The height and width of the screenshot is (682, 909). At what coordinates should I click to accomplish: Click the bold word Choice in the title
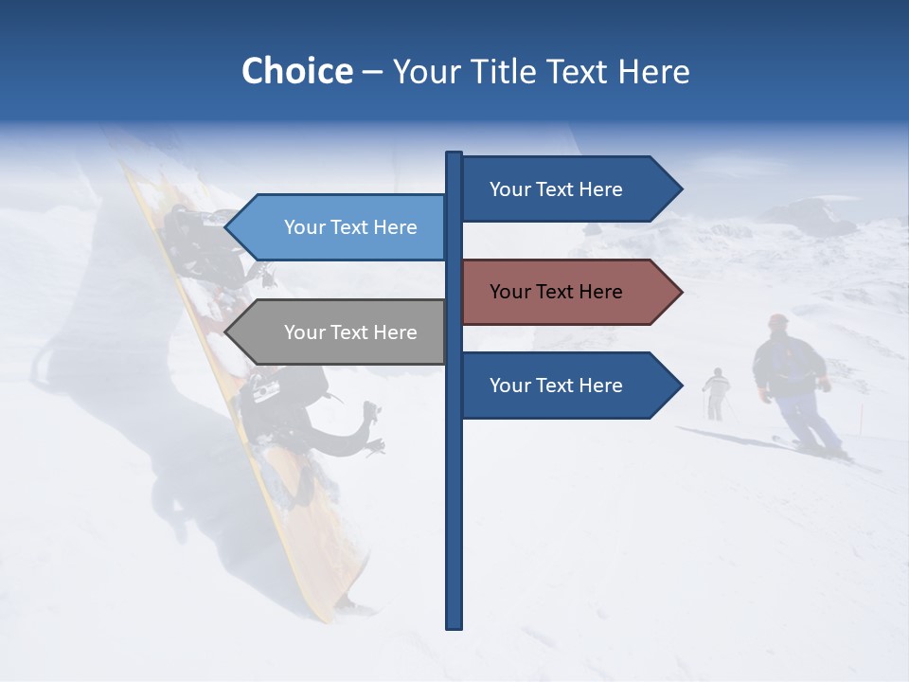(x=296, y=71)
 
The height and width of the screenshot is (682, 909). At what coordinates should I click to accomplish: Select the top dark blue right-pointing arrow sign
(x=568, y=189)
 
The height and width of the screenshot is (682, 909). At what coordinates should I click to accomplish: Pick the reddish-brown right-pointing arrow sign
(x=568, y=292)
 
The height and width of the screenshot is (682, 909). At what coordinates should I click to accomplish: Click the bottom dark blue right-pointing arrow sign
(x=568, y=386)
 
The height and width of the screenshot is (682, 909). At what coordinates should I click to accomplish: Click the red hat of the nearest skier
(x=778, y=321)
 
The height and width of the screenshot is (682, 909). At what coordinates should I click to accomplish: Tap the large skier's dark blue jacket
(x=788, y=369)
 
